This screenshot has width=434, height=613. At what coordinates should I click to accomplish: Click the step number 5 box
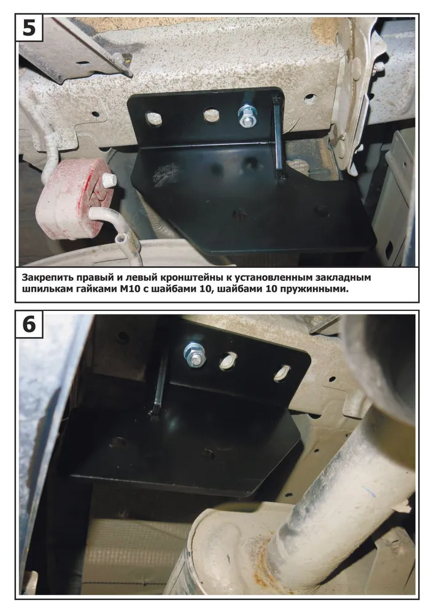click(29, 28)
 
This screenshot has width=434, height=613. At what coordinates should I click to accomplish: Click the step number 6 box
click(29, 324)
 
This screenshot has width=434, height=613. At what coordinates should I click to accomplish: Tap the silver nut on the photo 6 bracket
click(194, 354)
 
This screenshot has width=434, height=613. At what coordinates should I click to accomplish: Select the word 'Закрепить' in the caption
click(48, 278)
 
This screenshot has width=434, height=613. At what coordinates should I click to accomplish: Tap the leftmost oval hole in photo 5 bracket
click(153, 118)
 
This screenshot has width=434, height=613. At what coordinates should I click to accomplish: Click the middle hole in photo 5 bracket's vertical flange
click(212, 115)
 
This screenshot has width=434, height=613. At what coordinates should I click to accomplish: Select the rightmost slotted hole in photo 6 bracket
click(282, 373)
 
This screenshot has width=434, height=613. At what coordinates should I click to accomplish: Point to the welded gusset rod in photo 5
click(279, 137)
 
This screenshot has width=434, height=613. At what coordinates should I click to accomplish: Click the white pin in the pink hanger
click(109, 180)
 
